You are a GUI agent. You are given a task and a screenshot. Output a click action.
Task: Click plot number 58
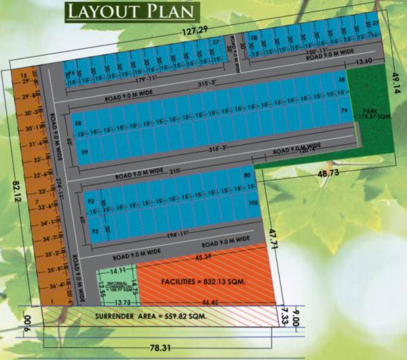pyautogui.click(x=78, y=123)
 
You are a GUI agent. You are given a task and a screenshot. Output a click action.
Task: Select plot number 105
pyautogui.click(x=254, y=203)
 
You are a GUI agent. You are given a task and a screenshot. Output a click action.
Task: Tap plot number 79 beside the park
pyautogui.click(x=344, y=110)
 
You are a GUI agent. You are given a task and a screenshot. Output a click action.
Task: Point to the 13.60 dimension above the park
pyautogui.click(x=364, y=62)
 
